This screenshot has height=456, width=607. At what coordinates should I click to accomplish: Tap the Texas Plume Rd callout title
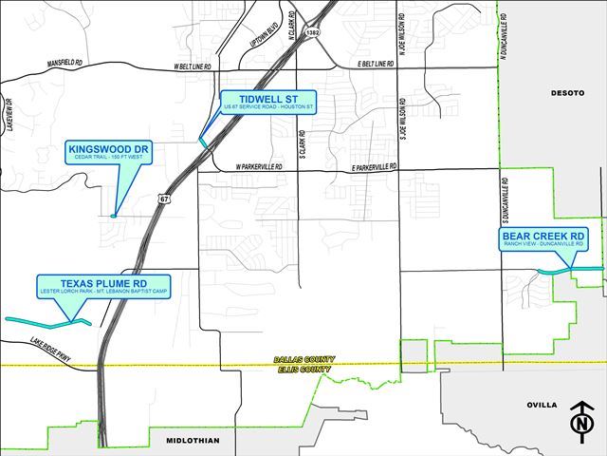(x=101, y=282)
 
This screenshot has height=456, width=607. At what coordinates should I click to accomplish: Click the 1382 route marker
(x=312, y=32)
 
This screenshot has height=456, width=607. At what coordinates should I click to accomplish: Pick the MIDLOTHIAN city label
(x=192, y=440)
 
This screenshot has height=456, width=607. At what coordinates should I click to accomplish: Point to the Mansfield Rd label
(x=66, y=65)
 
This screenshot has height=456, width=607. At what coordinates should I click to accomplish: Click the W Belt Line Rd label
(x=192, y=67)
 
